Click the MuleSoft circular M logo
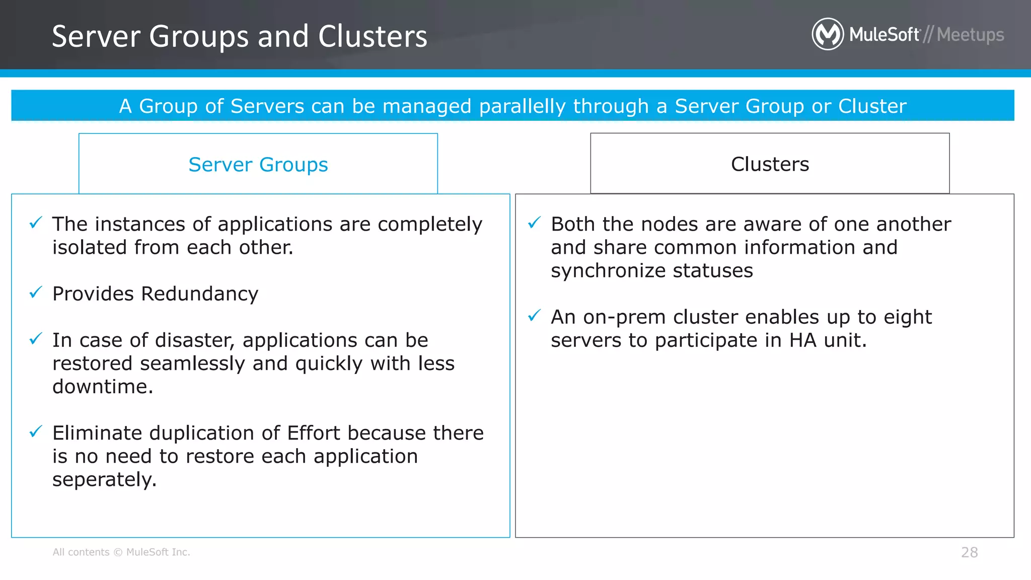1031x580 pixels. coord(827,34)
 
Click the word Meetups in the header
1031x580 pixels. coord(970,35)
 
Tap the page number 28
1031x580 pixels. coord(969,552)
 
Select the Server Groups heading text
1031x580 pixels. coord(258,165)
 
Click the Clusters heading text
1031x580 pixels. coord(770,164)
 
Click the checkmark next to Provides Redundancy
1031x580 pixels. coord(36,292)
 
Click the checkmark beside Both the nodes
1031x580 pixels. coord(534,222)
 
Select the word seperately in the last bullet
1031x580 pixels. coord(104,480)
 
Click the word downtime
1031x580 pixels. coord(102,387)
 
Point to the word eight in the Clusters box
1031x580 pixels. coord(908,317)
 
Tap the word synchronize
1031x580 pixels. coord(608,271)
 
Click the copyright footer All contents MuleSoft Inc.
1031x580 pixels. coord(121,552)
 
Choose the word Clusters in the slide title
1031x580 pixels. coord(373,37)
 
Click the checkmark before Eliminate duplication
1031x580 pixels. coord(36,431)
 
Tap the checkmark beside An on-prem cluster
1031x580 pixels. coord(534,316)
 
